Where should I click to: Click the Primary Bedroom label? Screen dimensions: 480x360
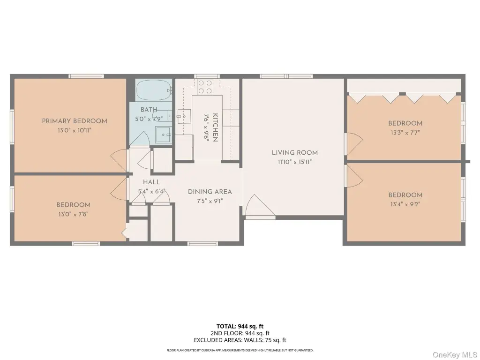pyautogui.click(x=75, y=121)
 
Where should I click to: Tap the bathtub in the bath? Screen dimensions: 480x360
pyautogui.click(x=154, y=90)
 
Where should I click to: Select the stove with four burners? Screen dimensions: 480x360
pyautogui.click(x=205, y=87)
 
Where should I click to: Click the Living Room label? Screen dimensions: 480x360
pyautogui.click(x=294, y=152)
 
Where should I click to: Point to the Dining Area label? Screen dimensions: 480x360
pyautogui.click(x=210, y=192)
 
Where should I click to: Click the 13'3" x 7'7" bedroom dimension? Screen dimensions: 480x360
pyautogui.click(x=405, y=133)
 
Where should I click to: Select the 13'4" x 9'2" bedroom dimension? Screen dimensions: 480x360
pyautogui.click(x=405, y=204)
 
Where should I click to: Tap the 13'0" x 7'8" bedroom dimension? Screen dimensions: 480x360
pyautogui.click(x=73, y=214)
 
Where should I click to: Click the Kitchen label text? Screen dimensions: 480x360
pyautogui.click(x=215, y=127)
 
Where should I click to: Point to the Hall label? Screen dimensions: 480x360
pyautogui.click(x=151, y=182)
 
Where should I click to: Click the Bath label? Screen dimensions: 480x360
pyautogui.click(x=149, y=109)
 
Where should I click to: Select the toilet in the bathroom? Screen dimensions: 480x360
pyautogui.click(x=163, y=135)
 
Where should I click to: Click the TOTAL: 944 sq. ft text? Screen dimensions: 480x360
pyautogui.click(x=240, y=326)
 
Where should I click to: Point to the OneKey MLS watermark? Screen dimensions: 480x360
pyautogui.click(x=455, y=354)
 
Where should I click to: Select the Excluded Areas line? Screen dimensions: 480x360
pyautogui.click(x=240, y=340)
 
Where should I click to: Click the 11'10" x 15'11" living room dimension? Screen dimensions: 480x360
pyautogui.click(x=294, y=162)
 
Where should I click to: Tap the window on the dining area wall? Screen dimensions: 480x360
pyautogui.click(x=202, y=244)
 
